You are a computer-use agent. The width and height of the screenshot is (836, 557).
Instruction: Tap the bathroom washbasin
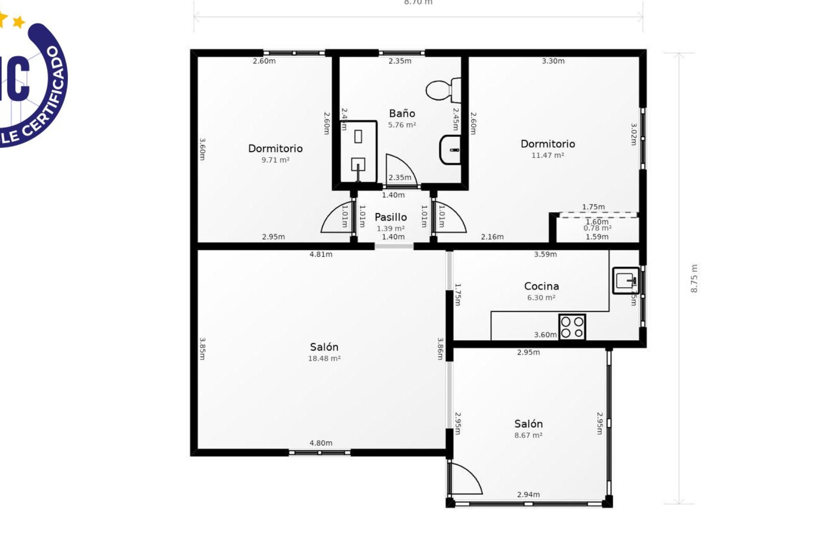[451, 150]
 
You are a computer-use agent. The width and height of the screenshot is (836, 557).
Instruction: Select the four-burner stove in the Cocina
[572, 327]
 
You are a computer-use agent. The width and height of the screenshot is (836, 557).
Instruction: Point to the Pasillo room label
[391, 217]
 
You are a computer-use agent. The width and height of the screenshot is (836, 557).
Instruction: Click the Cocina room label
[541, 286]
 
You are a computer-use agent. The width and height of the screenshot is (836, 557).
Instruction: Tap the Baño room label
[402, 114]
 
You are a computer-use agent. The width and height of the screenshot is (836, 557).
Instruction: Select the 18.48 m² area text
[324, 359]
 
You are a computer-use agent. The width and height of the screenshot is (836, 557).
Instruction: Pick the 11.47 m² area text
[547, 155]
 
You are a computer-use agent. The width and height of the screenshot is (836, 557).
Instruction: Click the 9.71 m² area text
[275, 160]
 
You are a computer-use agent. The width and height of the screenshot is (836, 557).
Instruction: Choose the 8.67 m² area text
[528, 435]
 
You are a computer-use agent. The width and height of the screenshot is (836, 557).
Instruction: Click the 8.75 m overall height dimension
[694, 278]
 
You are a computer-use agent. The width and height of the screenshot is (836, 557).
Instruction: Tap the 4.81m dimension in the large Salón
[321, 255]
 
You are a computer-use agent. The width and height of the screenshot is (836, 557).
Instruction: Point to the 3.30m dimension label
[553, 61]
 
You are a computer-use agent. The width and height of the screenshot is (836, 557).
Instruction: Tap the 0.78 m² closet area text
[597, 228]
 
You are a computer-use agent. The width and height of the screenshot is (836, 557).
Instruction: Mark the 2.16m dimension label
[492, 237]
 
